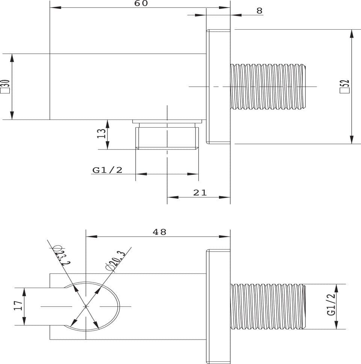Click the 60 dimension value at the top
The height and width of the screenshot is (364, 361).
click(141, 3)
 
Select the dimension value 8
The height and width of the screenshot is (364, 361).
click(259, 11)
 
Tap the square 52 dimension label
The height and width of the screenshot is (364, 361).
click(344, 86)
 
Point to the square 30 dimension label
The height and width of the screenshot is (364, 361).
click(5, 86)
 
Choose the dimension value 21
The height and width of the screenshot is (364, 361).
click(200, 192)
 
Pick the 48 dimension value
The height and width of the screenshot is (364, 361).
click(160, 232)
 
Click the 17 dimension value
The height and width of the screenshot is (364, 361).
click(18, 305)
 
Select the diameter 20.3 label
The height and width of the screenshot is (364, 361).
click(115, 261)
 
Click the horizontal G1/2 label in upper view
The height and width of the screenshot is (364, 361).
click(107, 170)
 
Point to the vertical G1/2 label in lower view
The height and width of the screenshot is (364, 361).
click(331, 304)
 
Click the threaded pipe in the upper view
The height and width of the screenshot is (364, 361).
click(268, 87)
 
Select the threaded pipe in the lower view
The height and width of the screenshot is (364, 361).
click(268, 307)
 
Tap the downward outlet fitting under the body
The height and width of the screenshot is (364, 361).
click(167, 134)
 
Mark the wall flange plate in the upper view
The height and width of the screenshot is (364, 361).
click(218, 87)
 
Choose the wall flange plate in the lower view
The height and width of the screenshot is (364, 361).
click(218, 307)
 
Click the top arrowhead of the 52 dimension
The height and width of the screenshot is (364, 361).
click(352, 33)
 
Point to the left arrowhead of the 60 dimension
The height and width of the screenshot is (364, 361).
click(56, 8)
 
